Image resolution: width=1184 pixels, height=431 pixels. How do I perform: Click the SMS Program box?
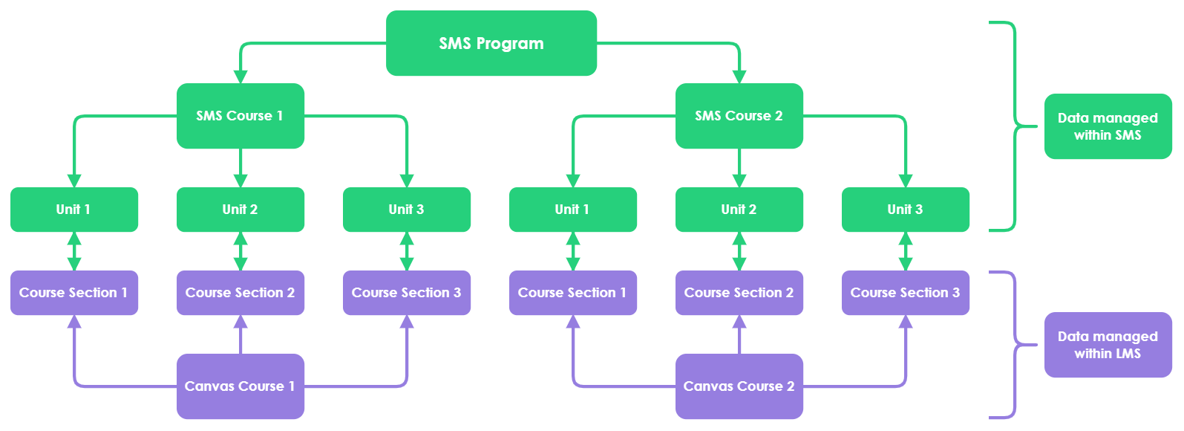click(491, 43)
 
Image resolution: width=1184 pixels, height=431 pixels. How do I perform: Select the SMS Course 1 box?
click(240, 116)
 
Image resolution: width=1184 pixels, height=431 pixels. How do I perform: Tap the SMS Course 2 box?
click(739, 116)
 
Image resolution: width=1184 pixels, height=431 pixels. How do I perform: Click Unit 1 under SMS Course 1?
click(73, 210)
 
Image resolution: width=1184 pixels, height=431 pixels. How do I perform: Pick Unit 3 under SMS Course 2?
click(905, 210)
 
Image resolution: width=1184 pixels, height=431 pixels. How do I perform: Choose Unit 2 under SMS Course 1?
click(240, 210)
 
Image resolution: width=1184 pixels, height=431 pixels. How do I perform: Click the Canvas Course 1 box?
click(240, 386)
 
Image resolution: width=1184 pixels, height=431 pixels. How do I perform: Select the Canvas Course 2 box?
click(739, 386)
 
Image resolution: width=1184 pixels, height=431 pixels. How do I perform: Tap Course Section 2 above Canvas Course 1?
click(240, 293)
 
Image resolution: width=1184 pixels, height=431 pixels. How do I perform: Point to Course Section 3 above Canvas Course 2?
click(905, 293)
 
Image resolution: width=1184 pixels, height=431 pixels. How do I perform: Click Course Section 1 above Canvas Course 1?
click(73, 293)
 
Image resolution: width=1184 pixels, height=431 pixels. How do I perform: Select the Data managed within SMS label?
click(1108, 127)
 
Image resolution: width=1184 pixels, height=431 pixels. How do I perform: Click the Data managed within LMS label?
click(1108, 346)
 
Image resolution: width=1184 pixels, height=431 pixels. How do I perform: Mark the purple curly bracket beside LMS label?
click(1015, 346)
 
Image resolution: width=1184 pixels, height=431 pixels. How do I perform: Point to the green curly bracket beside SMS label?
click(1015, 128)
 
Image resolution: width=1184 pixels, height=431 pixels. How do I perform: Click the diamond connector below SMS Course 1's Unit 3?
click(406, 251)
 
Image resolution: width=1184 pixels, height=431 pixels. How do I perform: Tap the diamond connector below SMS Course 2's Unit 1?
click(572, 251)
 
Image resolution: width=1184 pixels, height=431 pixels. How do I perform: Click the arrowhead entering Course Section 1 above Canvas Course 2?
click(572, 323)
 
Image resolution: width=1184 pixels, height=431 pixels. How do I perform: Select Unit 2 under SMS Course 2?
click(739, 210)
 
